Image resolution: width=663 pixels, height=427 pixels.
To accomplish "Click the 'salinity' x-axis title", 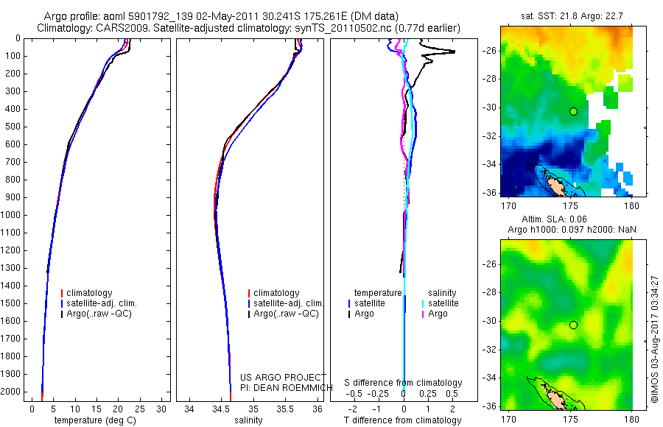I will click(248, 420).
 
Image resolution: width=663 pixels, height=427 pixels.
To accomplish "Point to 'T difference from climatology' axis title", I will click(403, 420).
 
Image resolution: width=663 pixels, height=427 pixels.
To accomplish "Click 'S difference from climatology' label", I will click(403, 383).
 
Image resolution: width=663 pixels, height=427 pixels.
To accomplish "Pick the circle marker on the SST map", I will click(573, 111).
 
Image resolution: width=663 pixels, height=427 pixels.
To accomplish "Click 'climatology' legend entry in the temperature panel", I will click(93, 293).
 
